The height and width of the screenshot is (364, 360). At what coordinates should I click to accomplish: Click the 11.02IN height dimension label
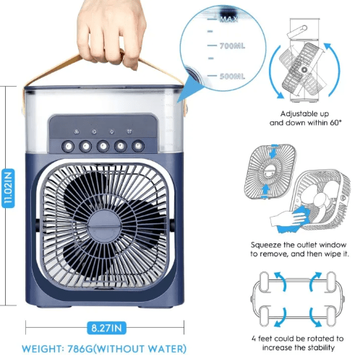point(8,188)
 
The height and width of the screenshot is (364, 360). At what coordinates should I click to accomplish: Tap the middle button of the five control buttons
point(101,145)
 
